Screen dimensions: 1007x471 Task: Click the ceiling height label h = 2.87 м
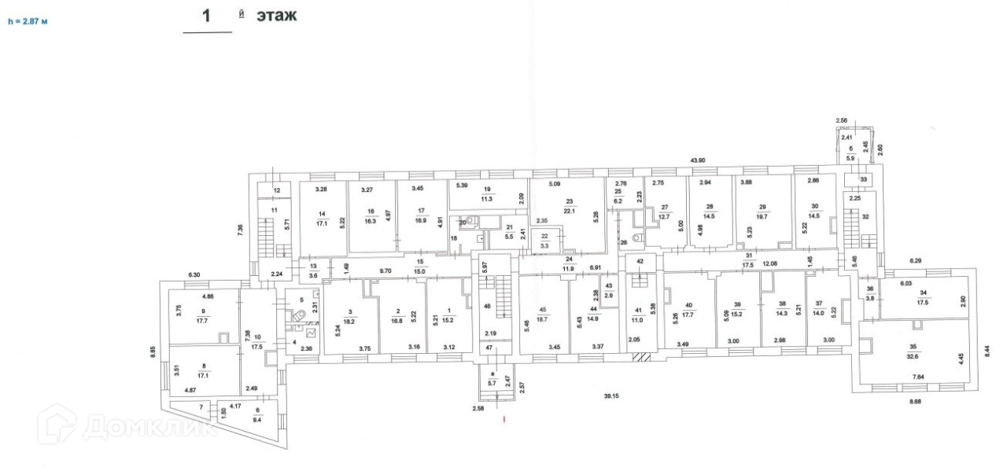pyautogui.click(x=28, y=22)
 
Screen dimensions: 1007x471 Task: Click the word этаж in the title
pyautogui.click(x=277, y=15)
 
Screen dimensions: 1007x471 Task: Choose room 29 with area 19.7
pyautogui.click(x=761, y=210)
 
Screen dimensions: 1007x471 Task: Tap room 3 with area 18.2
pyautogui.click(x=350, y=317)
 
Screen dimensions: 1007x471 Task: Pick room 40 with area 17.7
pyautogui.click(x=688, y=310)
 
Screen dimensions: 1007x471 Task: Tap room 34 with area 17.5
pyautogui.click(x=923, y=296)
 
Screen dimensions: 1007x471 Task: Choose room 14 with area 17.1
pyautogui.click(x=321, y=218)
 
